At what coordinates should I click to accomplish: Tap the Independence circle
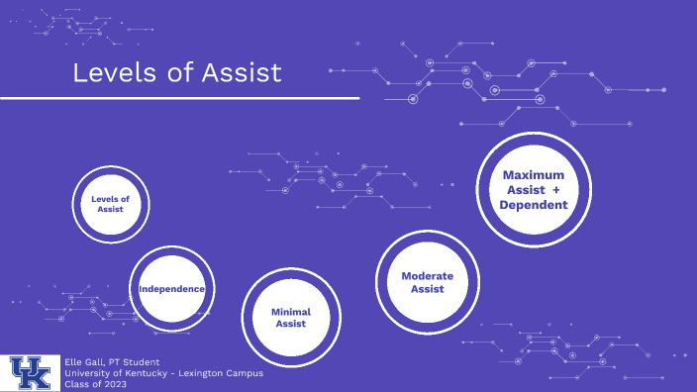pos(172,289)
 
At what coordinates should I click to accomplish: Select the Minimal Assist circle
pos(291,317)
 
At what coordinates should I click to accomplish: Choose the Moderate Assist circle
pos(428,282)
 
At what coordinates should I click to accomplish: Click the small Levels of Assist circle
pos(110,204)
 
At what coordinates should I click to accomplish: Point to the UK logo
pos(32,372)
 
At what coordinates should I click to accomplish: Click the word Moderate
pos(428,275)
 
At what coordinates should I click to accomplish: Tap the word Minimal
pos(291,311)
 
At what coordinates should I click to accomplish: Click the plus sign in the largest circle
pos(556,189)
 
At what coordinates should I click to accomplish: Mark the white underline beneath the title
pos(178,98)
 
